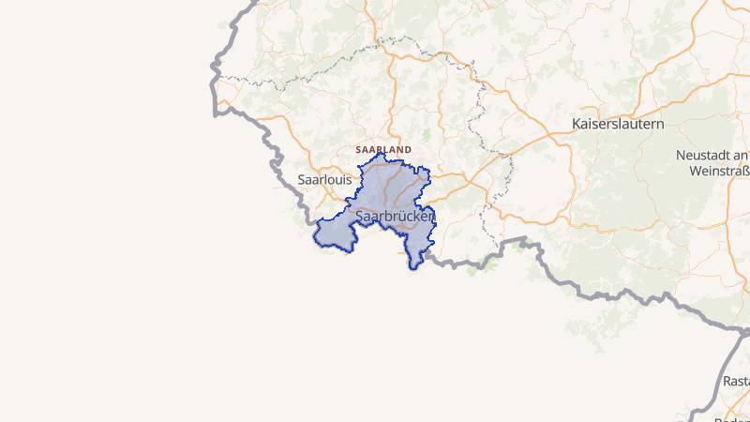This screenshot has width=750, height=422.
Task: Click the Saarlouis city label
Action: (x=324, y=178)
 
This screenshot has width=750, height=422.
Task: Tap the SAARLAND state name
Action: (x=383, y=149)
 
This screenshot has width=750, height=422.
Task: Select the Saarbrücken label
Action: (x=395, y=216)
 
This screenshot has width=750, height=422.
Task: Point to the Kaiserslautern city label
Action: (x=618, y=124)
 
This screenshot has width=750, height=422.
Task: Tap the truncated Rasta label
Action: (x=736, y=382)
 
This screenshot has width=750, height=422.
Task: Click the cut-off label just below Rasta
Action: (x=731, y=416)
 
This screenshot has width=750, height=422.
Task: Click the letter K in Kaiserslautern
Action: (x=577, y=124)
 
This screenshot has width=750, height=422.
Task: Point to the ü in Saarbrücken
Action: (x=405, y=216)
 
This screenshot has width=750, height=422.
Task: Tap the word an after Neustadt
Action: (x=740, y=154)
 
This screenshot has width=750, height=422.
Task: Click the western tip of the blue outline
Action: (x=314, y=226)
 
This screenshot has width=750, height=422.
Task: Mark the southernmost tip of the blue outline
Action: (x=413, y=269)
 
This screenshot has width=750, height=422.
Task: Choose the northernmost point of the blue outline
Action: (x=381, y=153)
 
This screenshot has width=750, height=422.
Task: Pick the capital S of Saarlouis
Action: (x=301, y=178)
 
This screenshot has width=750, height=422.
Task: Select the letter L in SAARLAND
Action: (x=389, y=149)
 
